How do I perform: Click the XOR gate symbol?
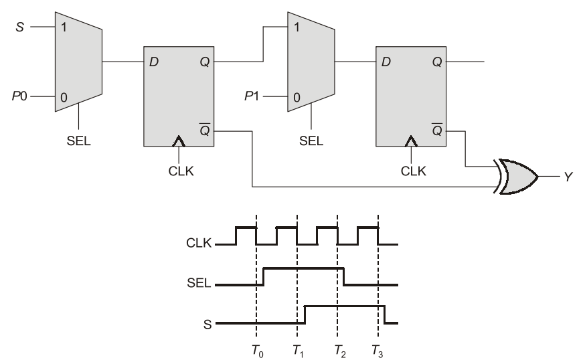[517, 177]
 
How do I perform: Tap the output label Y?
[568, 177]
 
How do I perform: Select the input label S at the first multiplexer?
[20, 27]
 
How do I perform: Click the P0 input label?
[19, 96]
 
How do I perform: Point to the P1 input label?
[252, 96]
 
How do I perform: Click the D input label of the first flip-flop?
[154, 62]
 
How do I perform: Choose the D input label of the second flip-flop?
[386, 62]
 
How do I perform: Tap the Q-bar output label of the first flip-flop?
[205, 129]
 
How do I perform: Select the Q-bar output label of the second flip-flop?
[437, 129]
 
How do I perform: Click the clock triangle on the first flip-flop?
[179, 141]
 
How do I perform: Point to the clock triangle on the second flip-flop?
[411, 141]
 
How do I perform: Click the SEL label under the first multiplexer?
[78, 141]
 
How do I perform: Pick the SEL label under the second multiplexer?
[311, 141]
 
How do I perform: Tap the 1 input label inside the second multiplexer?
[297, 27]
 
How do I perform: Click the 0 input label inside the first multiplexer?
[64, 98]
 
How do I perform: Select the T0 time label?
[258, 351]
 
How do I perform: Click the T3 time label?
[378, 351]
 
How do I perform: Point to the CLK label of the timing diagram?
[199, 244]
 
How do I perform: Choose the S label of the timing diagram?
[207, 324]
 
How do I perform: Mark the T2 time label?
[340, 351]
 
